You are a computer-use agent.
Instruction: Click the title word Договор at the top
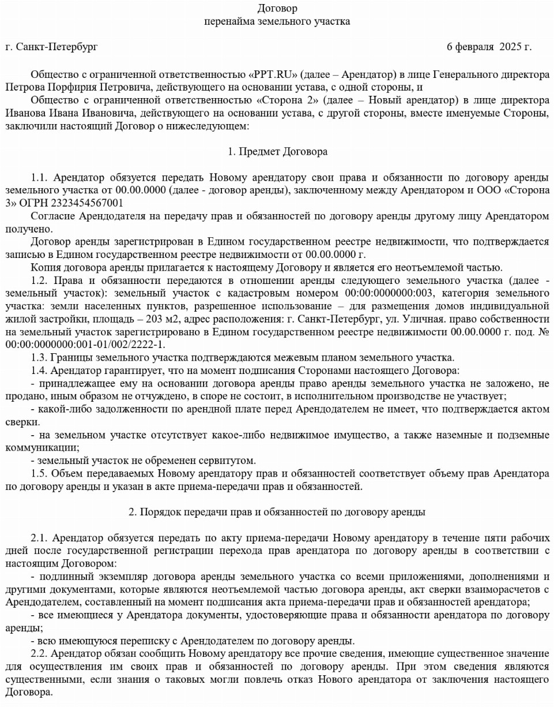(277, 9)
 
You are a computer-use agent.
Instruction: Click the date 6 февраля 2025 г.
(489, 46)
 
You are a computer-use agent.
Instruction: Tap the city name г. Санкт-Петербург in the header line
(51, 46)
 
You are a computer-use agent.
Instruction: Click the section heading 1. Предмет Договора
(277, 152)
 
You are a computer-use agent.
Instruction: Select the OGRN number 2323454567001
(86, 203)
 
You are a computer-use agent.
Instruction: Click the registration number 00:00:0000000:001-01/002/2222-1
(85, 345)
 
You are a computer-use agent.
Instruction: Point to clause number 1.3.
(40, 357)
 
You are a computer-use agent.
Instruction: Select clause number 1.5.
(40, 473)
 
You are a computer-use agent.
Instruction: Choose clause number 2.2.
(40, 653)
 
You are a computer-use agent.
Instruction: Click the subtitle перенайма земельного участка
(277, 22)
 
